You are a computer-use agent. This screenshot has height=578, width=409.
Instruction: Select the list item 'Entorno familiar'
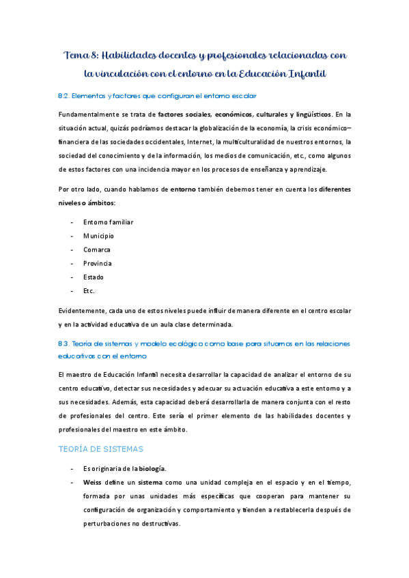pyautogui.click(x=108, y=222)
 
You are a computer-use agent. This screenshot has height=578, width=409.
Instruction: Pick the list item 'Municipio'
pyautogui.click(x=98, y=236)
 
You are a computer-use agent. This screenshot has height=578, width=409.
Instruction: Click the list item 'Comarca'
pyautogui.click(x=97, y=249)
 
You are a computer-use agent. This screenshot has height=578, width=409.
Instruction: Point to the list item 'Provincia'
pyautogui.click(x=98, y=263)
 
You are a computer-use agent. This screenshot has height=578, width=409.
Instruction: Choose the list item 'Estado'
pyautogui.click(x=94, y=277)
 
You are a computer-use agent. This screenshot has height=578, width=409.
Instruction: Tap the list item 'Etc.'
pyautogui.click(x=89, y=290)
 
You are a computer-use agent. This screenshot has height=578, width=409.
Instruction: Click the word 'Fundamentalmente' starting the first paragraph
pyautogui.click(x=89, y=114)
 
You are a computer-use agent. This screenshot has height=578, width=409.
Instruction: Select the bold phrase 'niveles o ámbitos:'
pyautogui.click(x=87, y=202)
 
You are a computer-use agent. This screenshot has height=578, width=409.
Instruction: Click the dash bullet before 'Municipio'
pyautogui.click(x=72, y=236)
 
